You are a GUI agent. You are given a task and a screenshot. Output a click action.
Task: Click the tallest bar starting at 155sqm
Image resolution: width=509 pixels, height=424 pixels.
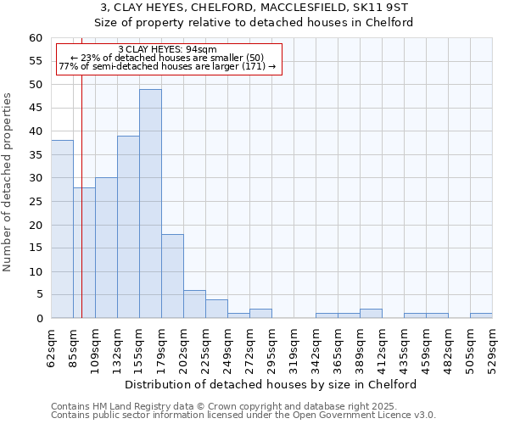tap(150, 204)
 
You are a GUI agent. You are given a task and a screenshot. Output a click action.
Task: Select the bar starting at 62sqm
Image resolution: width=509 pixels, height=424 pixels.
tap(62, 229)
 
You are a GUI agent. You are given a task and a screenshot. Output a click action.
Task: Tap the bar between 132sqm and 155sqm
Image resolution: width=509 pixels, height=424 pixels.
tap(128, 227)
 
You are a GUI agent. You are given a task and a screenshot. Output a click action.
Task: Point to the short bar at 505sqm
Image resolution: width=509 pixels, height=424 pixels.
tap(481, 315)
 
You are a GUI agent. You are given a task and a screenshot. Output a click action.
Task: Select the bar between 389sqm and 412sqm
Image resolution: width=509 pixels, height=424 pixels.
tap(371, 314)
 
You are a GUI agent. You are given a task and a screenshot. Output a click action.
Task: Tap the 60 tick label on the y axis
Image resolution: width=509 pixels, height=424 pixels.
tap(35, 38)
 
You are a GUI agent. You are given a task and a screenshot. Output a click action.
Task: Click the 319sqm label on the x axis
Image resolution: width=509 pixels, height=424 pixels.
tap(294, 348)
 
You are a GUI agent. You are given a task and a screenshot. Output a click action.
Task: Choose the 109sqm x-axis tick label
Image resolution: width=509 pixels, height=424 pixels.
tap(95, 348)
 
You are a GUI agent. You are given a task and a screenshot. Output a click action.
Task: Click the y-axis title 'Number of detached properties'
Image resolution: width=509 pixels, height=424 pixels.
tap(8, 182)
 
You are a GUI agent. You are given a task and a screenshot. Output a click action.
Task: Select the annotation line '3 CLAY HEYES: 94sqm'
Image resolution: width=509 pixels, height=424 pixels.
tap(168, 49)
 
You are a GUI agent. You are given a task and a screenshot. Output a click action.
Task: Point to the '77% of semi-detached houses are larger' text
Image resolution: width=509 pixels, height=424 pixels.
tap(168, 66)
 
